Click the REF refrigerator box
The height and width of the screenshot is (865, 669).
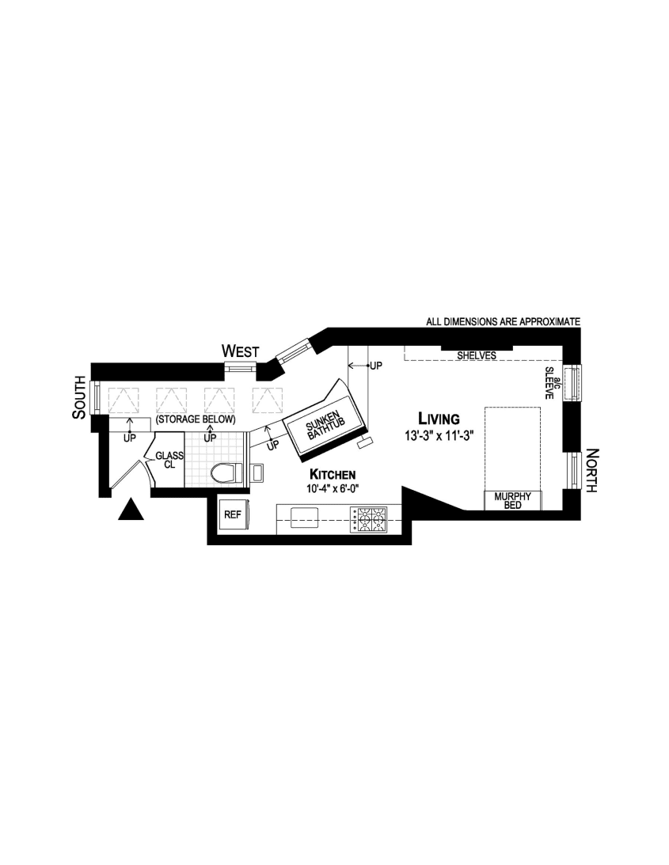point(232,514)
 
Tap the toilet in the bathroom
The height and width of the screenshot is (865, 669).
point(226,472)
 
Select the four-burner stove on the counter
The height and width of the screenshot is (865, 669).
point(371,519)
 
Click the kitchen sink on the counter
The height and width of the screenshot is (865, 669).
point(305,518)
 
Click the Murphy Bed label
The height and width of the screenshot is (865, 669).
point(512,501)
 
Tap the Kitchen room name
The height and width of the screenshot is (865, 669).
point(333,474)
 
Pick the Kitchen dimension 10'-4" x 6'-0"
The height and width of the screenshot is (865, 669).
point(333,488)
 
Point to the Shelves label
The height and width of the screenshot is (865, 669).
point(477,356)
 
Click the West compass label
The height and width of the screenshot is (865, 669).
point(239,351)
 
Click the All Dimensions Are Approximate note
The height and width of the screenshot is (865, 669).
point(504,322)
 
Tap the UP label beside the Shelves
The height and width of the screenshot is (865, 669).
point(375,366)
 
